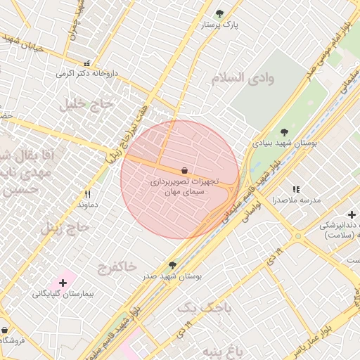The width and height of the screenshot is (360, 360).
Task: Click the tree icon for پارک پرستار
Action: pyautogui.click(x=219, y=13)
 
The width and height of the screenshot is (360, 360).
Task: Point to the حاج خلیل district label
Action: pyautogui.click(x=86, y=105)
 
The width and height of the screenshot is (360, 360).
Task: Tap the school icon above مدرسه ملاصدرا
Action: pyautogui.click(x=296, y=189)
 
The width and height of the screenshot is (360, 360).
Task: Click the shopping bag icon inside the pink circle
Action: pyautogui.click(x=184, y=170)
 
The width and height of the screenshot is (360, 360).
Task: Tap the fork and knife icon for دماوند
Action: pyautogui.click(x=88, y=194)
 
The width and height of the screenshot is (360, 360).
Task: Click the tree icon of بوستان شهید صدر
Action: pyautogui.click(x=172, y=265)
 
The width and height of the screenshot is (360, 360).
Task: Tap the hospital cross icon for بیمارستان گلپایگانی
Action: pyautogui.click(x=63, y=283)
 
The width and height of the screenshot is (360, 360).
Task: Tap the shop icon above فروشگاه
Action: pyautogui.click(x=5, y=330)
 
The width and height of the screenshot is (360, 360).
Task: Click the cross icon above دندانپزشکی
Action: pyautogui.click(x=352, y=214)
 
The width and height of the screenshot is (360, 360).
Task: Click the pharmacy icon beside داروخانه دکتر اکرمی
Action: pyautogui.click(x=87, y=63)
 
